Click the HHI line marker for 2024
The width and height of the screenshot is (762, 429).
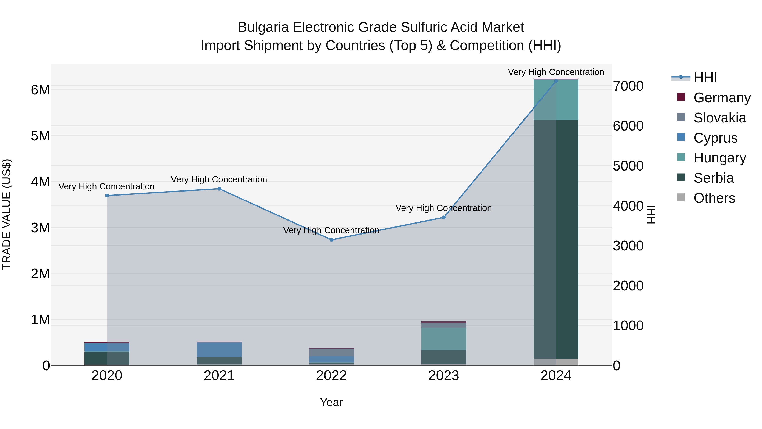556,81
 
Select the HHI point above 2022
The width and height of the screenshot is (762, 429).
331,240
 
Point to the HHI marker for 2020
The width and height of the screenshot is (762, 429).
107,196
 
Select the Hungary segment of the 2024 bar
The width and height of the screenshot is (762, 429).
556,100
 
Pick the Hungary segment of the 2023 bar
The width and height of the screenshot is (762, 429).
443,339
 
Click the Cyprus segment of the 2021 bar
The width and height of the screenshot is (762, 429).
219,350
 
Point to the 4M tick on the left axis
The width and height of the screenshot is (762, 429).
40,182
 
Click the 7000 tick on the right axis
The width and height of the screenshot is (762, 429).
628,86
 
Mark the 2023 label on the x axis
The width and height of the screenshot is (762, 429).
443,376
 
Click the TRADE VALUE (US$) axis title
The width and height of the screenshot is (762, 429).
7,214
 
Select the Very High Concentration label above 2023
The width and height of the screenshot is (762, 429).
443,208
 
